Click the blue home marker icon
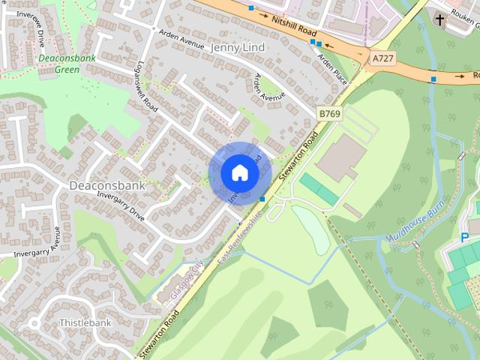coord(239,172)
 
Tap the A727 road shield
coord(381,57)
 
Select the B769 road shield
coord(328,113)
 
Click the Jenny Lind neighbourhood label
coord(239,47)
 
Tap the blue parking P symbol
coord(466,238)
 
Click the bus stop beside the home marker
coord(262,198)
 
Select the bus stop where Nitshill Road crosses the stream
coord(433,78)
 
